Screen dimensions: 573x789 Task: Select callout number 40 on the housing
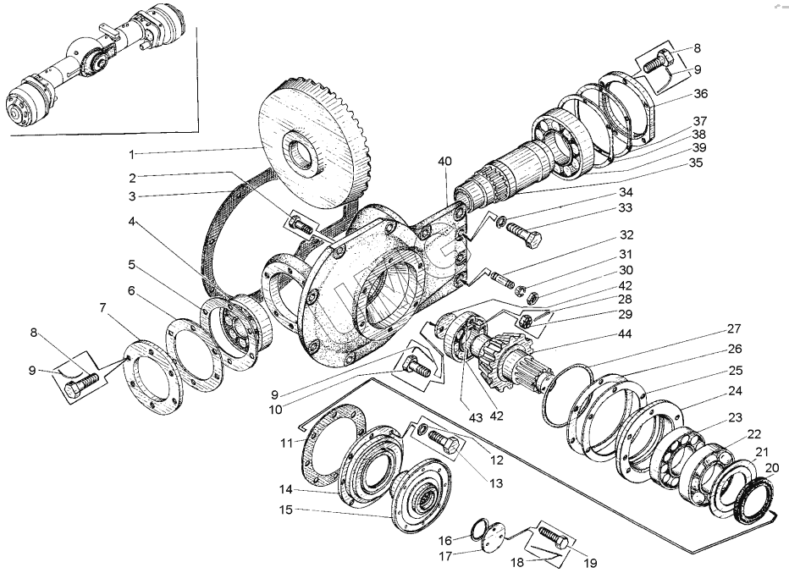click(445, 161)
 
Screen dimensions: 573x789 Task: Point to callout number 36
click(700, 93)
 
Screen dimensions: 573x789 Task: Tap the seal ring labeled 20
click(753, 502)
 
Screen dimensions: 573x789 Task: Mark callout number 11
click(287, 442)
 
